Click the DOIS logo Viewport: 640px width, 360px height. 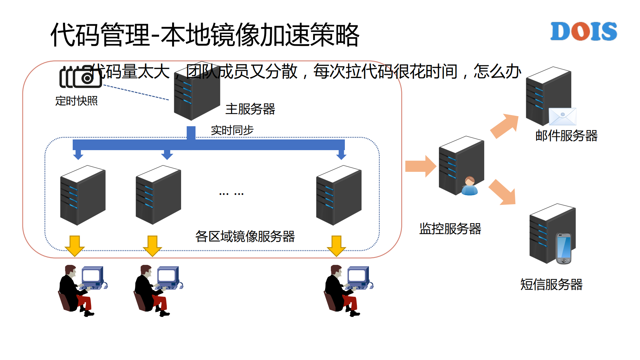click(583, 31)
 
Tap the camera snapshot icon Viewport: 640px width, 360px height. click(81, 77)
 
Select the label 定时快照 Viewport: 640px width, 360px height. click(76, 101)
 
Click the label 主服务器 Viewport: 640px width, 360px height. click(250, 109)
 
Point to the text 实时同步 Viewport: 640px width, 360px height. click(232, 130)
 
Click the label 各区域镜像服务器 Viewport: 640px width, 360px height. click(245, 237)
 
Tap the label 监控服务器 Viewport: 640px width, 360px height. click(450, 229)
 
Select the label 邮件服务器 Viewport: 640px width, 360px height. click(566, 136)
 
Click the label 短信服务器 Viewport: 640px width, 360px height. click(551, 285)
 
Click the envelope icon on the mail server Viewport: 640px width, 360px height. click(562, 116)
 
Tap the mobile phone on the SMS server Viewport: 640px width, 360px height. click(564, 248)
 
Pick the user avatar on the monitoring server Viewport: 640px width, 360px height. click(470, 186)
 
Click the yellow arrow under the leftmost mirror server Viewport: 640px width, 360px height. click(74, 246)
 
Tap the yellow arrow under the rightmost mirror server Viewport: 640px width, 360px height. click(336, 246)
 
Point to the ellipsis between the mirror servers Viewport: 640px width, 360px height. click(231, 194)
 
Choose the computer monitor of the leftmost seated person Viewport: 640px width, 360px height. click(91, 276)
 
